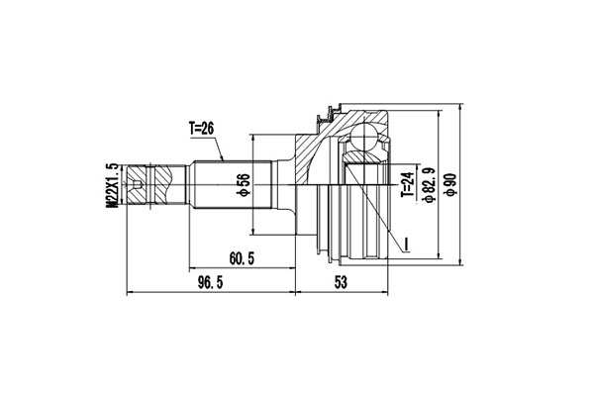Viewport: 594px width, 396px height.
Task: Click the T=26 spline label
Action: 201,129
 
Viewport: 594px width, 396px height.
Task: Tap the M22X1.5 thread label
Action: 112,185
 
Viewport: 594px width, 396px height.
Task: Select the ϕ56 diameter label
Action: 244,185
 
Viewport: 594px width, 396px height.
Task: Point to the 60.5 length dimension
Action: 242,258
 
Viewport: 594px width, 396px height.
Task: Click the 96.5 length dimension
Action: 211,282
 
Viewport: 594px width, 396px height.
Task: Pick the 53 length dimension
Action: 341,282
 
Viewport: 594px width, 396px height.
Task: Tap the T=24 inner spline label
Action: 407,184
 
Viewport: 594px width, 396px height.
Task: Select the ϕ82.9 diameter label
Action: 429,185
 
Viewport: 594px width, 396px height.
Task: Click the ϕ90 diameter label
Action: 450,185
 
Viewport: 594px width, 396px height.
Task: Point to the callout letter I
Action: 407,245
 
